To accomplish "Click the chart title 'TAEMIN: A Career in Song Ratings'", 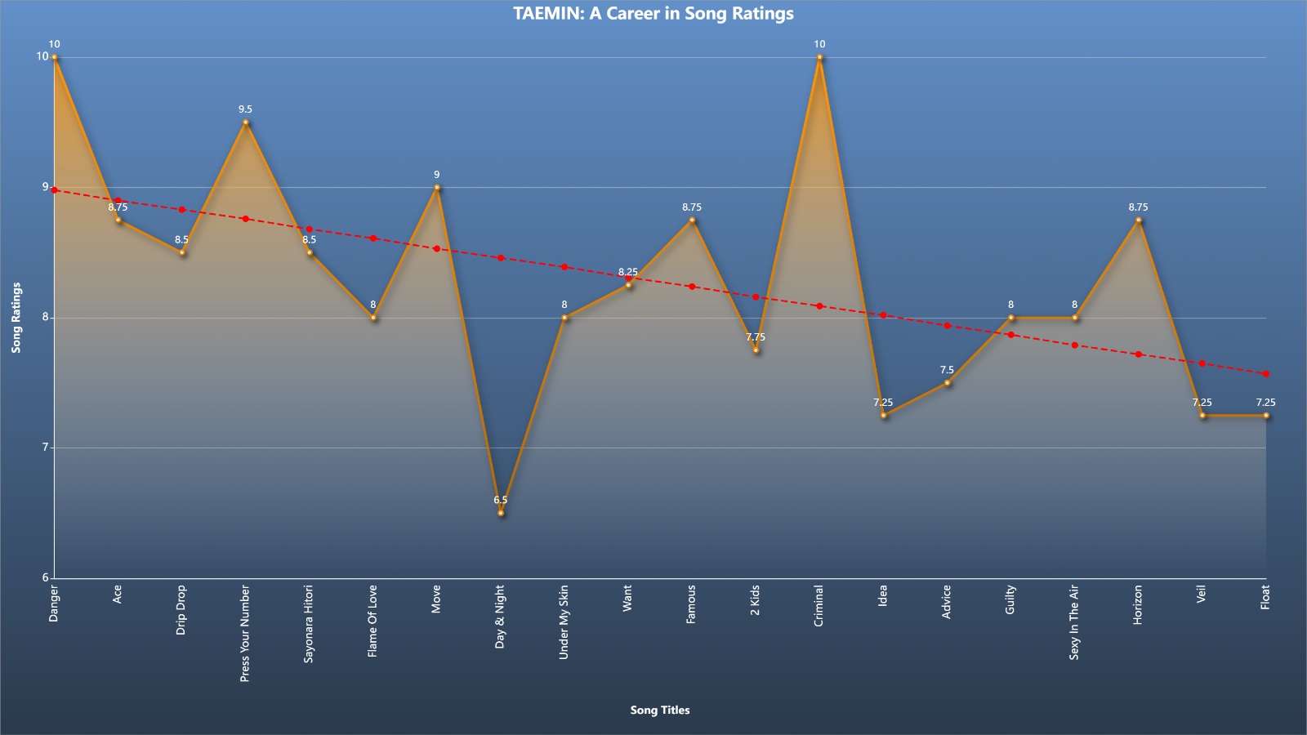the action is click(x=653, y=13).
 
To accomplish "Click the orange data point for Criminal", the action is click(x=820, y=57).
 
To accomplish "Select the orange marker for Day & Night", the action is click(x=501, y=514).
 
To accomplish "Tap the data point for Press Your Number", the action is click(x=246, y=122).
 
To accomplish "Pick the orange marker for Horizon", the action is click(x=1139, y=220).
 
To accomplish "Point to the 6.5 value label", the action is click(x=501, y=500).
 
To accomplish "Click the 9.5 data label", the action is click(x=246, y=109).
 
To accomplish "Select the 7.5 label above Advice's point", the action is click(x=947, y=370).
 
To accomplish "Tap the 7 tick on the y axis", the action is click(x=45, y=448).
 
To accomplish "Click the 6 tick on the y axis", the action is click(x=45, y=577).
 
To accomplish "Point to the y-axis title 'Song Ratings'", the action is click(x=16, y=318).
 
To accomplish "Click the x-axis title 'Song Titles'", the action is click(x=660, y=710).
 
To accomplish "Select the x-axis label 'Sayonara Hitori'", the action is click(x=309, y=624).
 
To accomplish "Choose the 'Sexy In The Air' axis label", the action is click(x=1074, y=622).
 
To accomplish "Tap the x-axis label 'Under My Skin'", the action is click(x=564, y=622).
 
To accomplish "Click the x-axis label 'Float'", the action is click(x=1265, y=597).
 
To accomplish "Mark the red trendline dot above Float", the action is click(x=1266, y=374).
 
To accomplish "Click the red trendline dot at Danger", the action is click(x=54, y=190).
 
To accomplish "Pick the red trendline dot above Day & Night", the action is click(x=501, y=258).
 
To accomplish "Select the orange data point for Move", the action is click(x=437, y=188).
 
